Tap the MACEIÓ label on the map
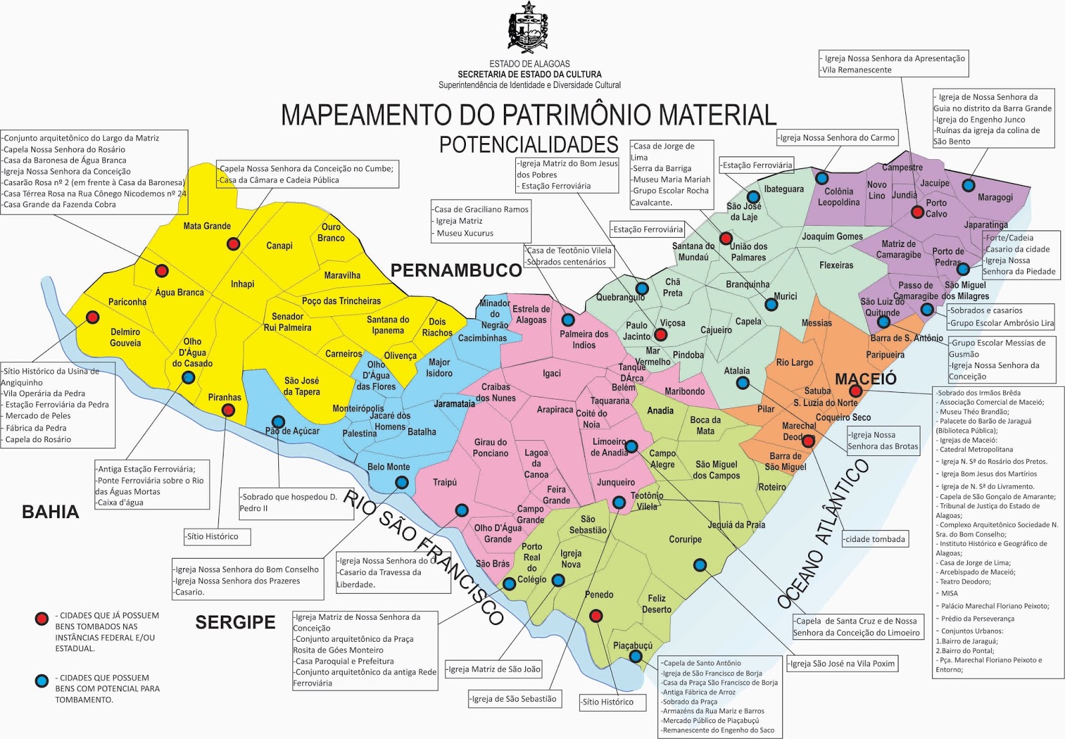(865, 379)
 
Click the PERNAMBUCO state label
(456, 270)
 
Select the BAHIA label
(51, 511)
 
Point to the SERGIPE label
(235, 622)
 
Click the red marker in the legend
(42, 618)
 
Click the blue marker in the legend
(42, 680)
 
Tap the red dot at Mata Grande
(233, 244)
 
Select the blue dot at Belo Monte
(401, 482)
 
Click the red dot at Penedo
(597, 615)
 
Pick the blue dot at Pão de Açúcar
(278, 421)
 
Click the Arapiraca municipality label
(554, 409)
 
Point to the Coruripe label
(685, 539)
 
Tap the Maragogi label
(995, 198)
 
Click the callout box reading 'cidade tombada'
(875, 539)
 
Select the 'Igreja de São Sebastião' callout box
(513, 698)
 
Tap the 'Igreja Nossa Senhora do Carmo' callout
(837, 138)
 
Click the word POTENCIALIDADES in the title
(529, 144)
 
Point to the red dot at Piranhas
(228, 410)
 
